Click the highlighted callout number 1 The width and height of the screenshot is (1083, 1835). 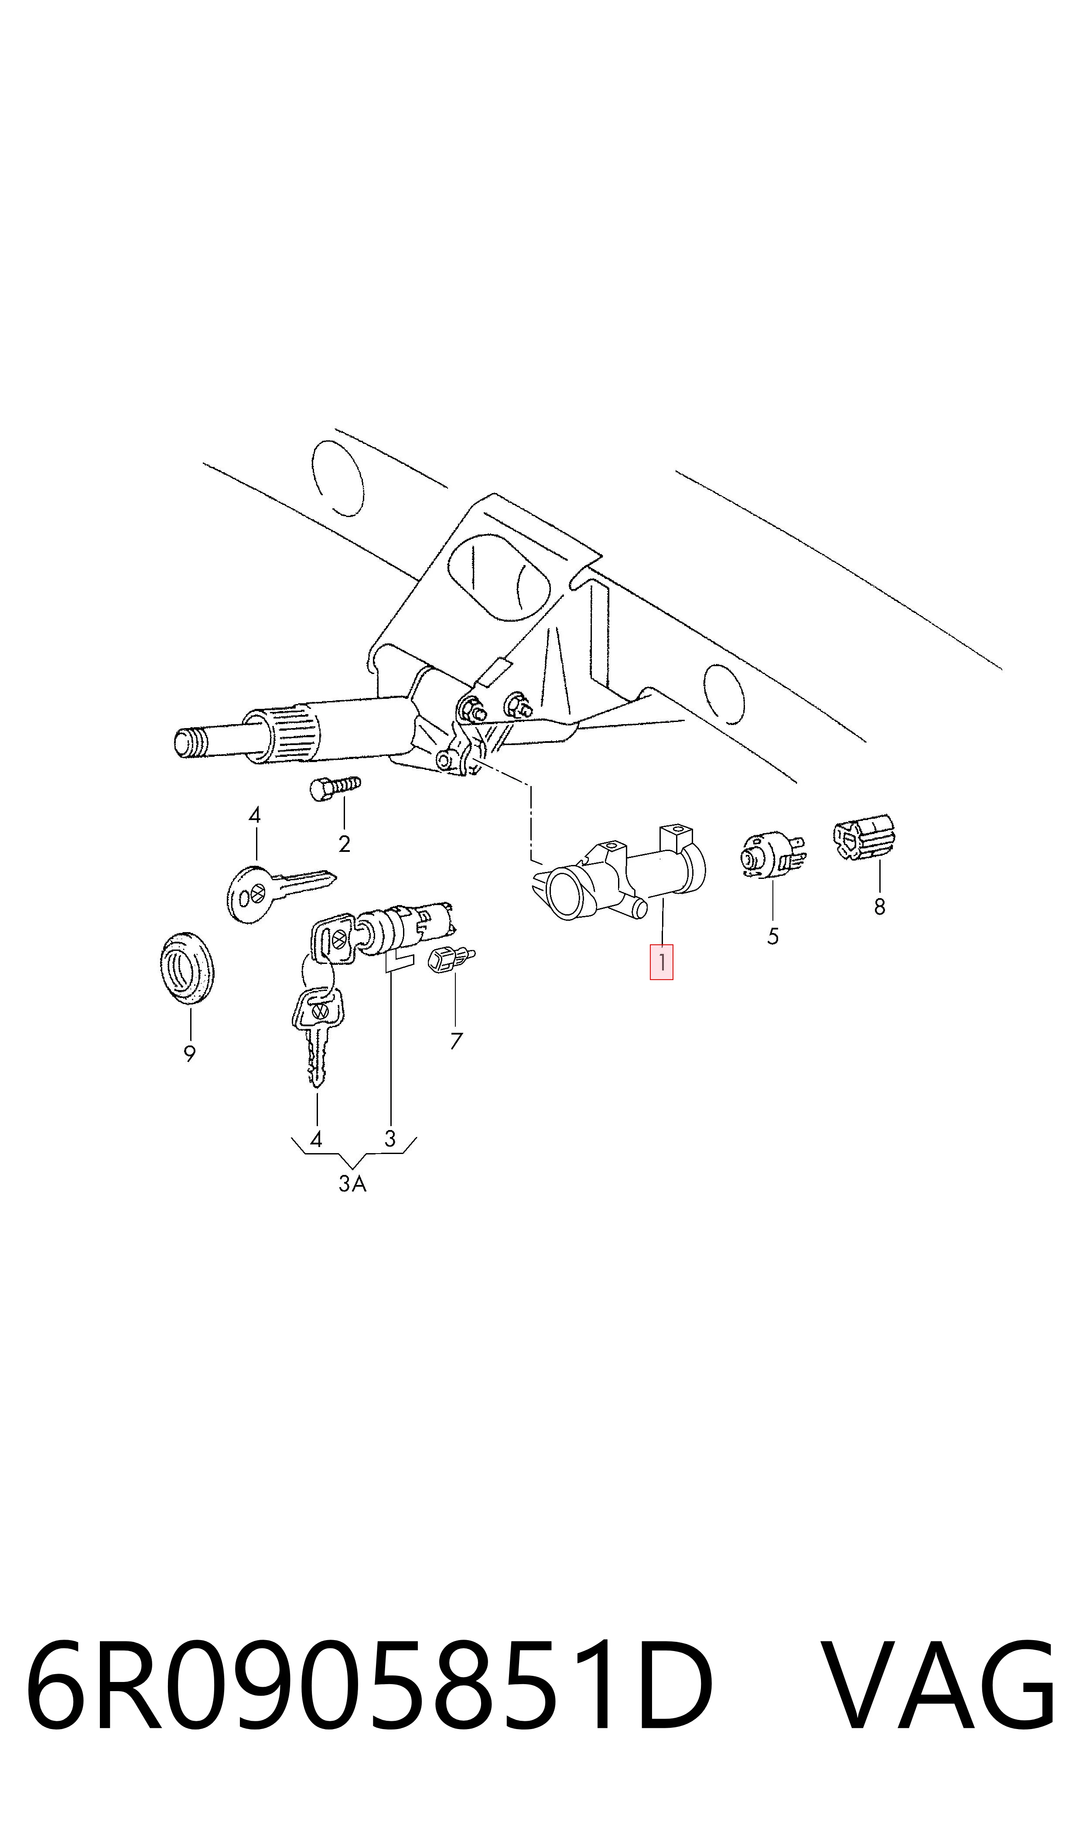[x=661, y=962]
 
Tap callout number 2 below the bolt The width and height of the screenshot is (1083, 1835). [x=345, y=844]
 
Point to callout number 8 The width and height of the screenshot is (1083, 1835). [x=879, y=906]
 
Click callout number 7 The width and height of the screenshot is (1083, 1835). [x=456, y=1041]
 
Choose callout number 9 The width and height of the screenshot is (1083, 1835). [x=190, y=1053]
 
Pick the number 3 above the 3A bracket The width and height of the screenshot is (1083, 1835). [x=389, y=1138]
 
